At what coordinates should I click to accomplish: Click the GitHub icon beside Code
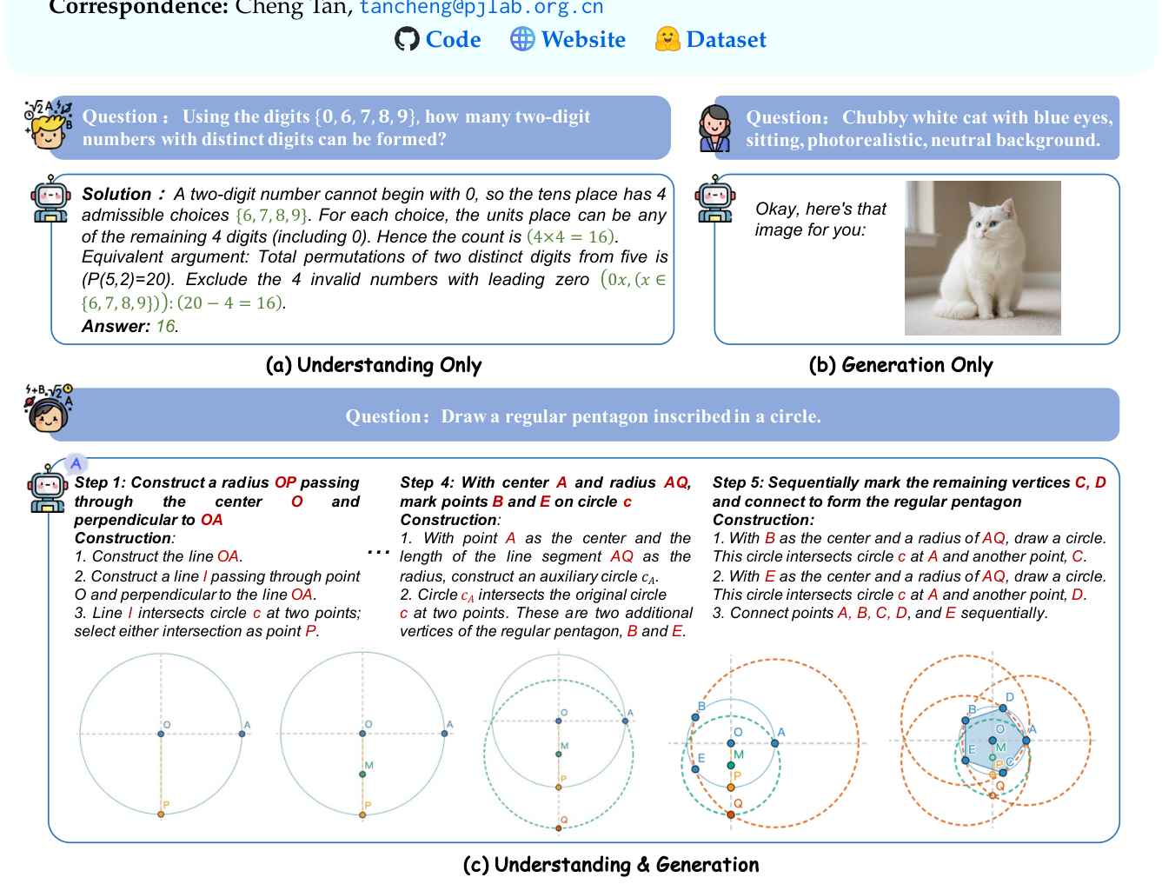[407, 39]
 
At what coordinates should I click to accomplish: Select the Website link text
[583, 40]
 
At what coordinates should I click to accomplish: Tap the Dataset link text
[726, 40]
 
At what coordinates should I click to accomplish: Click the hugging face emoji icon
[667, 39]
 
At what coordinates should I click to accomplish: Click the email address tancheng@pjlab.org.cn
[481, 8]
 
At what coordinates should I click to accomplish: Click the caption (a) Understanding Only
[374, 365]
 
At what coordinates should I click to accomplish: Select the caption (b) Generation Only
[900, 365]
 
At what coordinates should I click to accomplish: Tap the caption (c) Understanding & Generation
[611, 864]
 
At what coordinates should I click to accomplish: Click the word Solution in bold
[116, 194]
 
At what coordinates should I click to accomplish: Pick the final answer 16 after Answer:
[166, 326]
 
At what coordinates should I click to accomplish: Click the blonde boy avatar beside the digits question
[48, 124]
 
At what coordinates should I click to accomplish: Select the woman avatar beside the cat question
[714, 128]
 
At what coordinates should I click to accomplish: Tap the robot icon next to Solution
[50, 198]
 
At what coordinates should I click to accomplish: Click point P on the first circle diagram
[161, 814]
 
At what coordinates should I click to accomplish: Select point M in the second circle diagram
[362, 774]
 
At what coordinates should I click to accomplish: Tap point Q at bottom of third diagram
[559, 828]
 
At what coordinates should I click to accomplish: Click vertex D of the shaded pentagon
[1003, 708]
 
